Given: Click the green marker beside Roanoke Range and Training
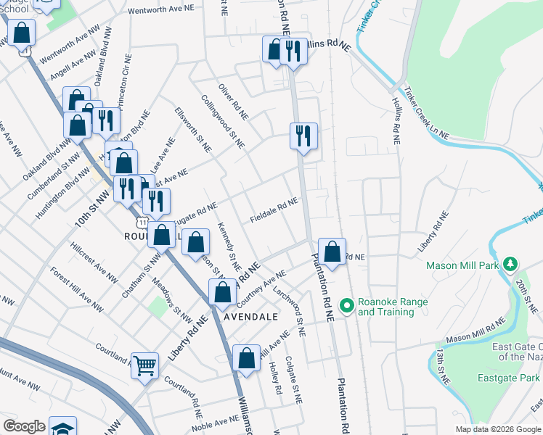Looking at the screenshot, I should coord(346,307).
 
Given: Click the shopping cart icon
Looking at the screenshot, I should coord(144,365).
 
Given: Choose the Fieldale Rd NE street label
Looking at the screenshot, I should coord(274,211).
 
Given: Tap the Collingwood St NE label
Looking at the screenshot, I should coord(222,120).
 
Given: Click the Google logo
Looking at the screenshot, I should coord(24,426).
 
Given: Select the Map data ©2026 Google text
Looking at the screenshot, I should coord(498,429).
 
